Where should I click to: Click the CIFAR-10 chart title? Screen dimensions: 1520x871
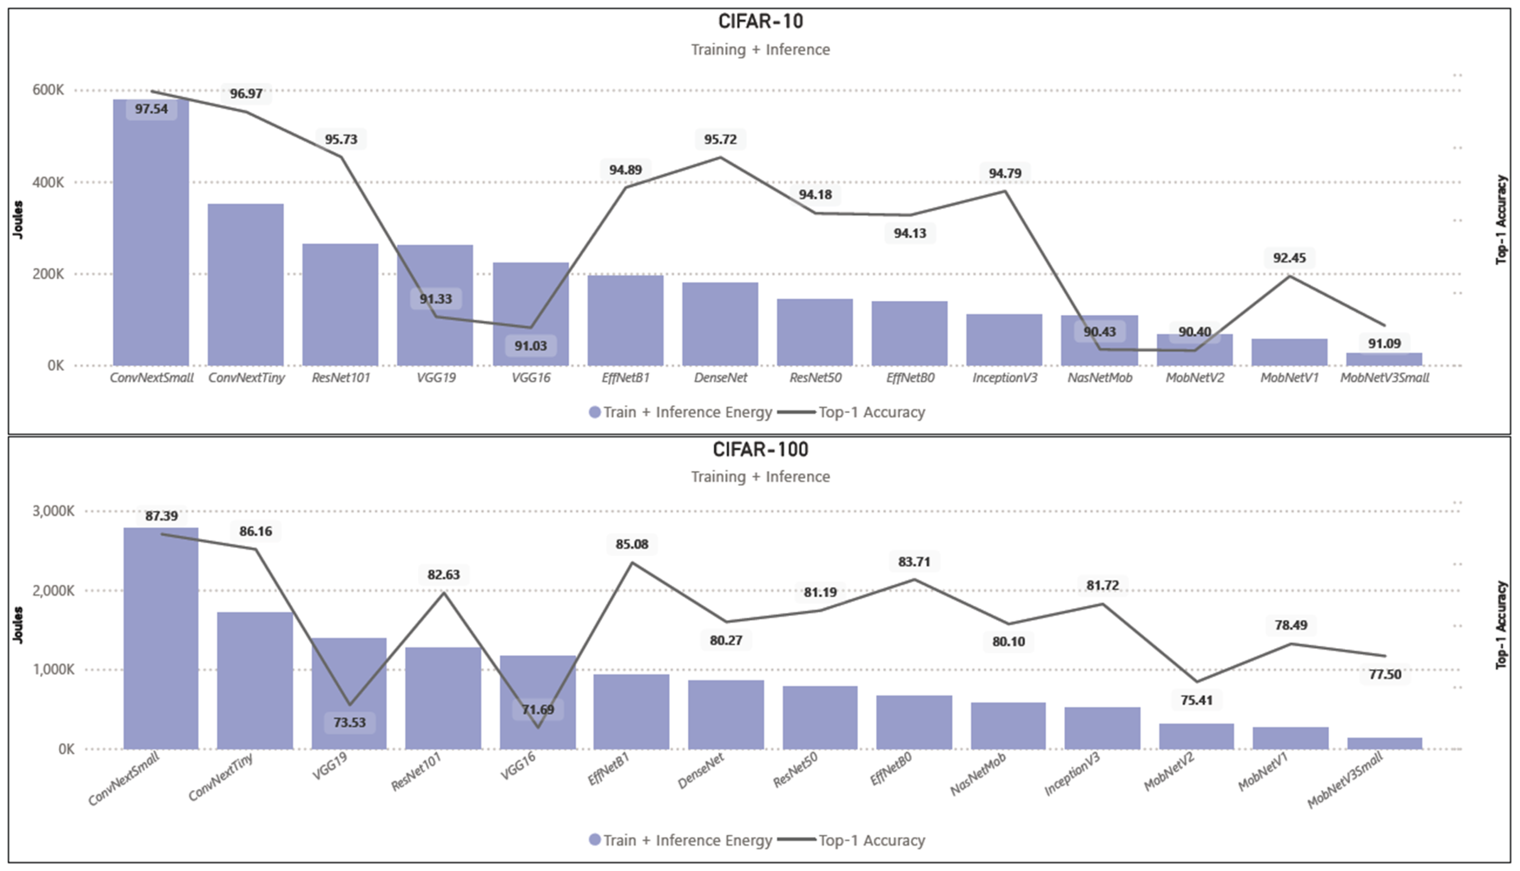[760, 22]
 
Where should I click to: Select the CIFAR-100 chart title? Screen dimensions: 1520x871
[760, 449]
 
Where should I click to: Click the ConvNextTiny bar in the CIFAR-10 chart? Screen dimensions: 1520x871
[245, 285]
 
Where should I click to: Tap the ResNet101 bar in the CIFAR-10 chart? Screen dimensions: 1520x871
[340, 305]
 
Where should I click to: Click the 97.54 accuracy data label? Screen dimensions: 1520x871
[152, 109]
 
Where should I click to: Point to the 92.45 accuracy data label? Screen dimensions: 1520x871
[1289, 258]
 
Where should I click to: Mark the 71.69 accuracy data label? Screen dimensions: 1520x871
[538, 710]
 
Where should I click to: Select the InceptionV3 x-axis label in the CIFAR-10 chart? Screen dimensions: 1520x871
[1004, 378]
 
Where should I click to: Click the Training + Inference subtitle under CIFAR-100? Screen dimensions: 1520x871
[760, 476]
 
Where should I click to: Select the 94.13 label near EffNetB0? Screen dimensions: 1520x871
[910, 233]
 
